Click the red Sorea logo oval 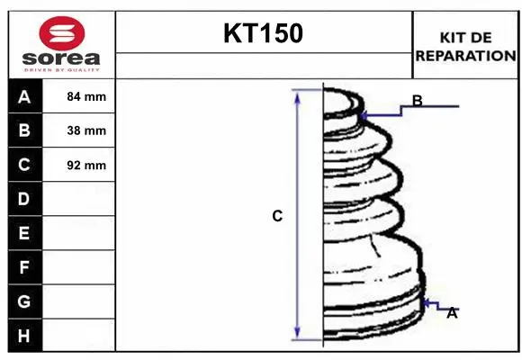pyautogui.click(x=62, y=33)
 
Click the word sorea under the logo pyautogui.click(x=61, y=58)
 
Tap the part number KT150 pyautogui.click(x=264, y=33)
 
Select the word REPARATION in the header pyautogui.click(x=465, y=56)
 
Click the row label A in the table pyautogui.click(x=24, y=96)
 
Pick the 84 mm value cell pyautogui.click(x=86, y=96)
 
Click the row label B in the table pyautogui.click(x=24, y=130)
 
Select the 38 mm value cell pyautogui.click(x=86, y=130)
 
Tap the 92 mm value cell pyautogui.click(x=86, y=166)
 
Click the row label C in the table pyautogui.click(x=24, y=165)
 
